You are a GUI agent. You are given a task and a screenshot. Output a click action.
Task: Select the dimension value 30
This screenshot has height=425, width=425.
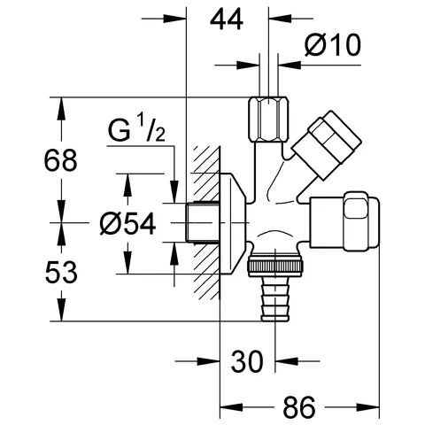click(249, 361)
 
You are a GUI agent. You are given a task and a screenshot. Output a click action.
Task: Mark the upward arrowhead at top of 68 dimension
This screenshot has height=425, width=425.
click(61, 104)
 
